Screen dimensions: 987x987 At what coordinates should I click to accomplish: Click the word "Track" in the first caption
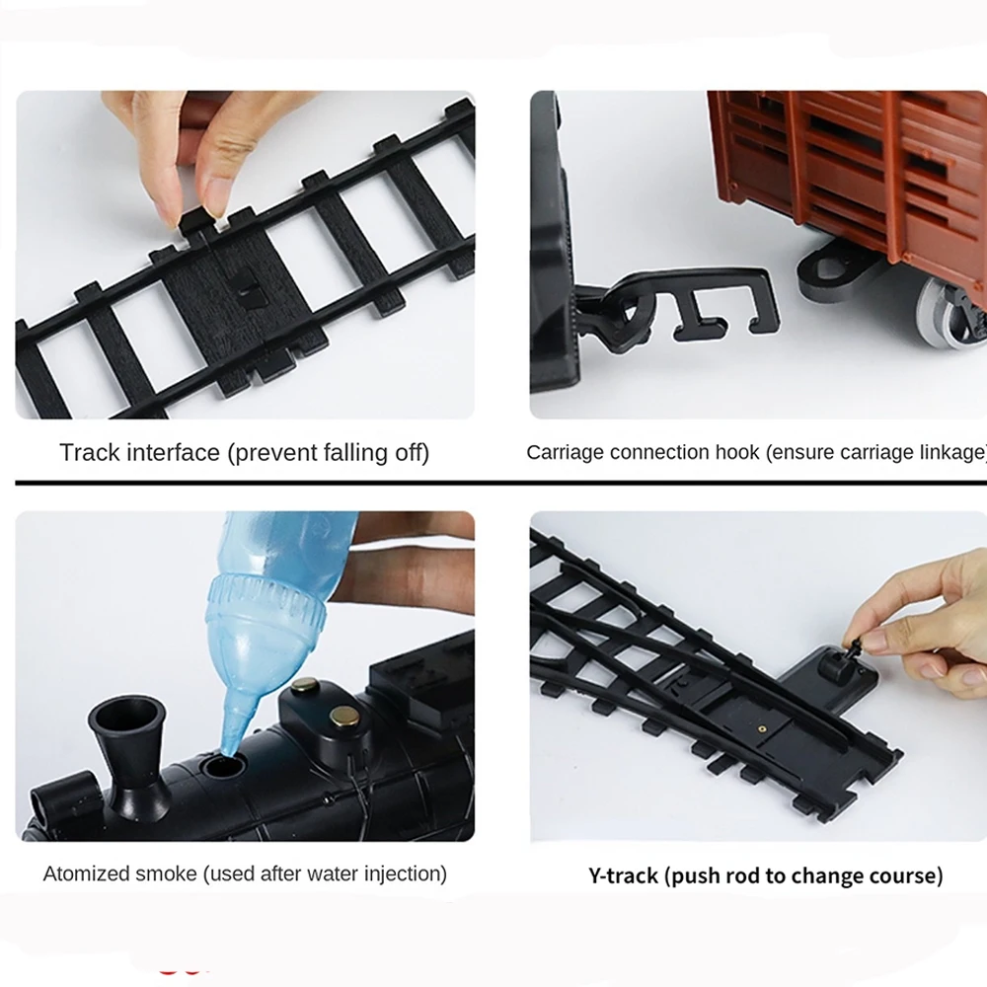coord(90,453)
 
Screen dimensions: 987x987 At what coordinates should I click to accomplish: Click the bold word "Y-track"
coord(623,875)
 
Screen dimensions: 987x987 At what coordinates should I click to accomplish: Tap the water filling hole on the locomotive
coord(223,766)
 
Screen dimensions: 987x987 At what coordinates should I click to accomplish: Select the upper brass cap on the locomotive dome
coord(304,686)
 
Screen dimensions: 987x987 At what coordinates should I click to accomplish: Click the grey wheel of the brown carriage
coord(949,312)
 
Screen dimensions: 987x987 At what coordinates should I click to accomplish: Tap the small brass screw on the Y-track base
coord(762,729)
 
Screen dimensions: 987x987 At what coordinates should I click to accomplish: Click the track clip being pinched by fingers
coord(197,223)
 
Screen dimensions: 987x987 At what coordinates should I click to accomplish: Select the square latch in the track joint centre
coord(248,288)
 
